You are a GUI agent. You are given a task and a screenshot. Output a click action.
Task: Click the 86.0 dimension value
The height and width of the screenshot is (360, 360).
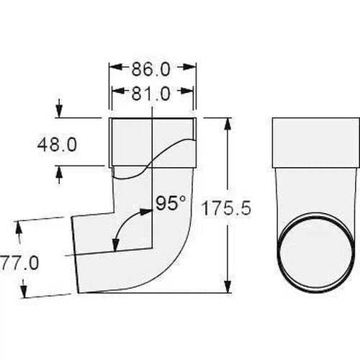tap(152, 72)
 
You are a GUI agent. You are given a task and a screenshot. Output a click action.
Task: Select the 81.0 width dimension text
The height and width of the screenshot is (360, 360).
tap(152, 93)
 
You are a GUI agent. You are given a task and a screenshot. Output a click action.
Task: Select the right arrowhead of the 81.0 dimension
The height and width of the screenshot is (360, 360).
tap(189, 93)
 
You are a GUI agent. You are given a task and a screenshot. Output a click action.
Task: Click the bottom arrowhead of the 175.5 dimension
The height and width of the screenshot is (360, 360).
tap(230, 289)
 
